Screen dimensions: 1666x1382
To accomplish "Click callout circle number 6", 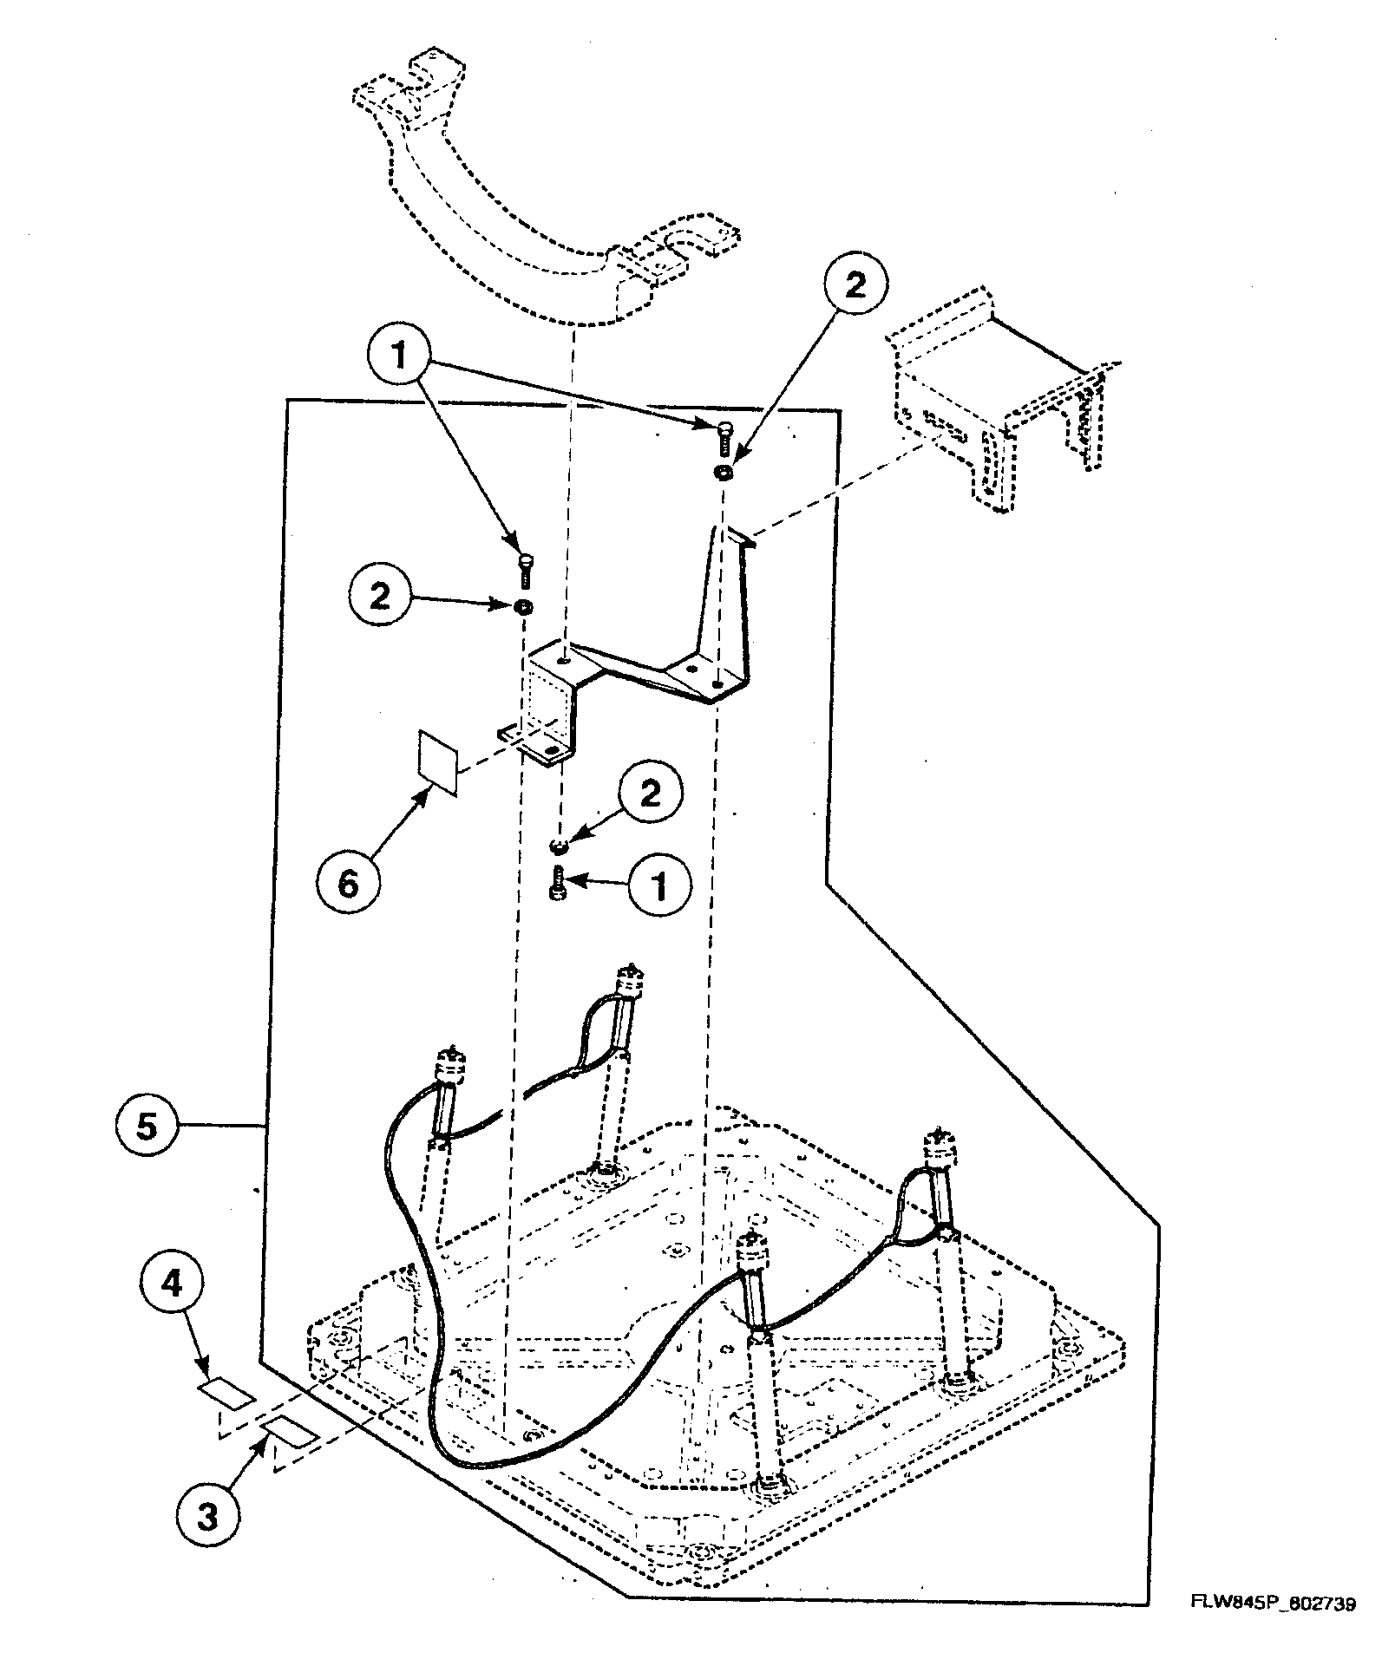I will [x=347, y=884].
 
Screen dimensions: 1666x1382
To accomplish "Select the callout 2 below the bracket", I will [x=650, y=793].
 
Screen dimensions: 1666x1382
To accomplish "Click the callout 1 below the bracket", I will [x=658, y=887].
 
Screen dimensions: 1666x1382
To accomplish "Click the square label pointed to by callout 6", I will [x=438, y=761].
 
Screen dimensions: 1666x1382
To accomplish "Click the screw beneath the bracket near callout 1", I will [x=559, y=885].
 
